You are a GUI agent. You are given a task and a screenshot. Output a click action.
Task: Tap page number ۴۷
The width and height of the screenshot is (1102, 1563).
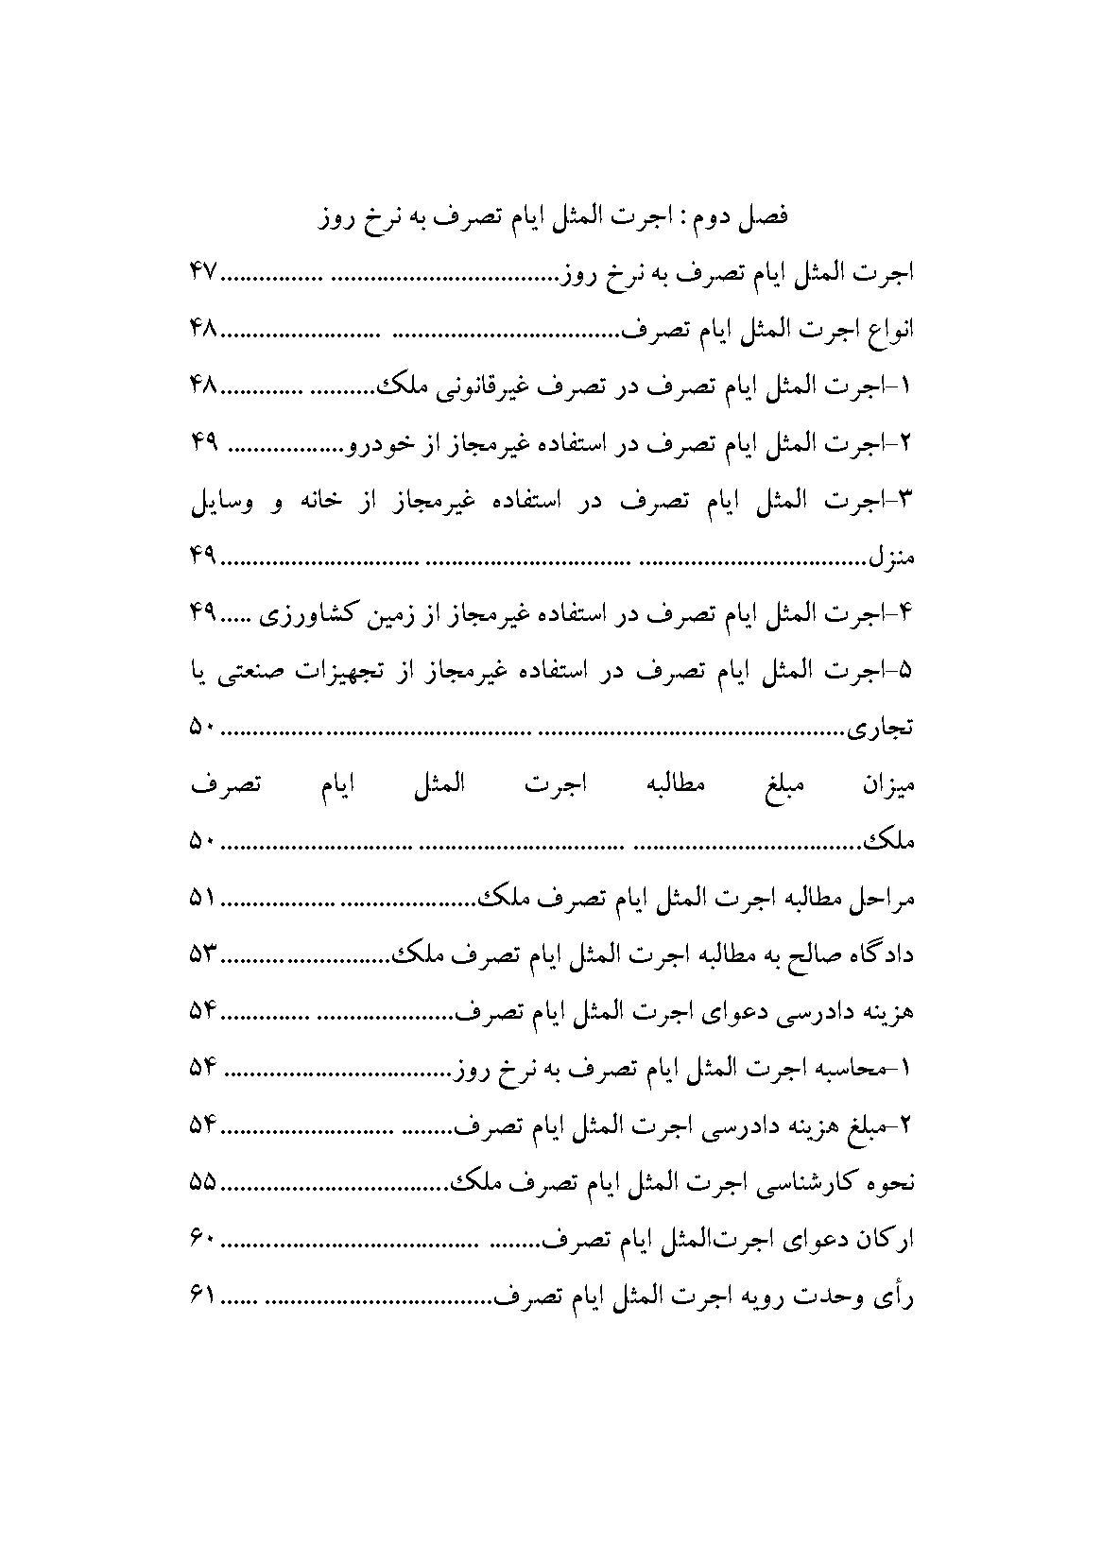pos(203,274)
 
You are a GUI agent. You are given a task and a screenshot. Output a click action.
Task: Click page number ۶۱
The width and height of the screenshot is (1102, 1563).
pos(203,1297)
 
